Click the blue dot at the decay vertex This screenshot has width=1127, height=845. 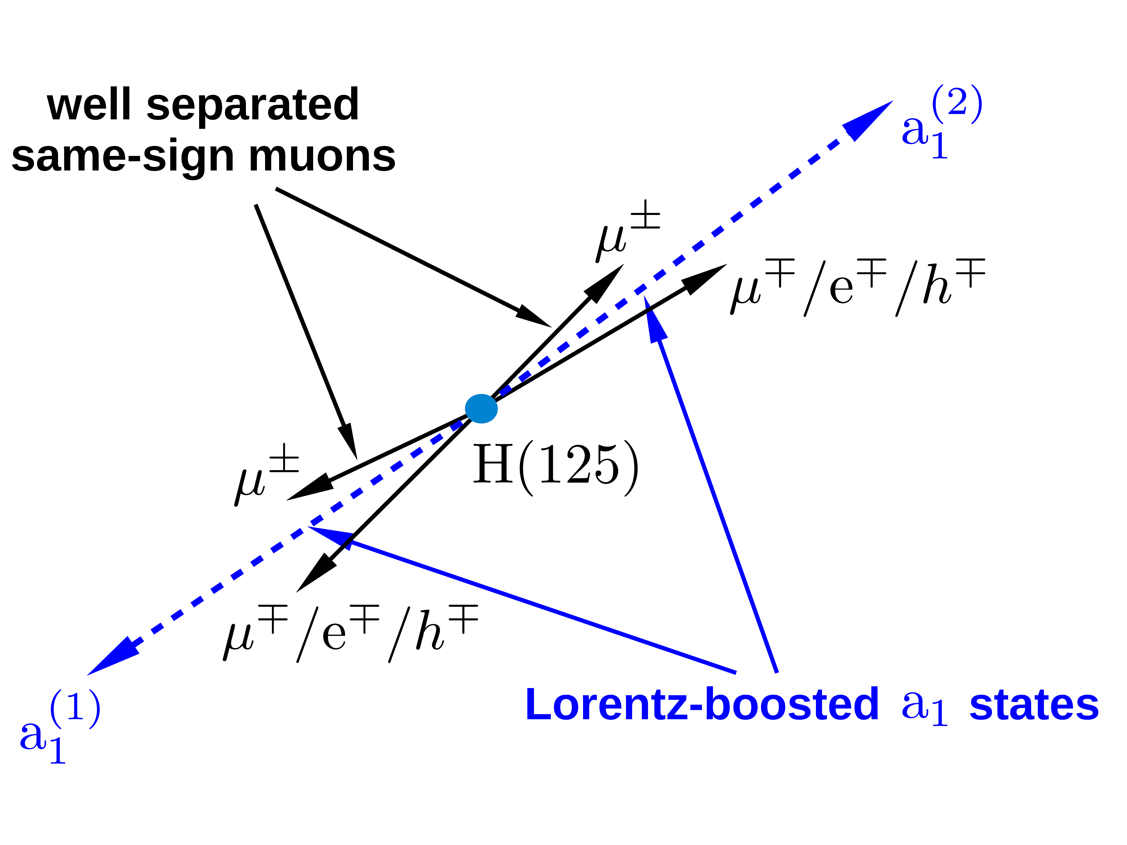tap(481, 408)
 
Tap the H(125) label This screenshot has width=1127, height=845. tap(555, 464)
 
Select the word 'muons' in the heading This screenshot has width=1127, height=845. tap(322, 156)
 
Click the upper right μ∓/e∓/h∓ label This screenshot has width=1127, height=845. tap(858, 288)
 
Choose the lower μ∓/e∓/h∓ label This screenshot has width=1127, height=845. tap(350, 634)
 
